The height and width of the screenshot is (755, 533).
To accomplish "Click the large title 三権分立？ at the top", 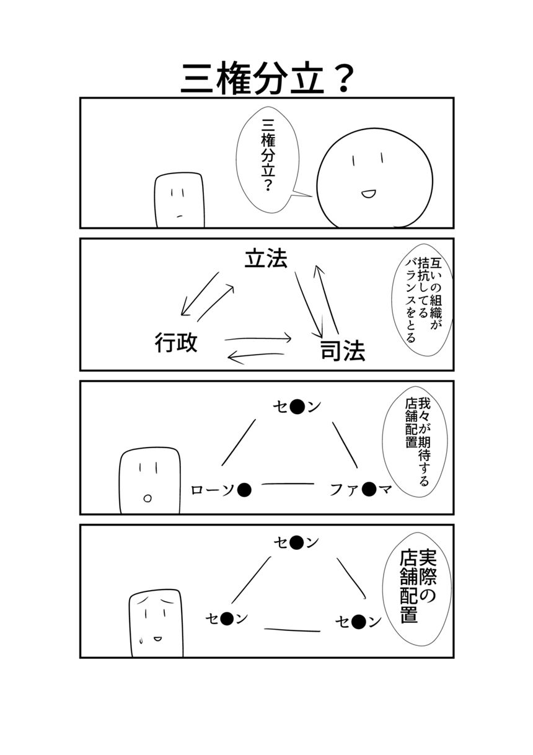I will [267, 78].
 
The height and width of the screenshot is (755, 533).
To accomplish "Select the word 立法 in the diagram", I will [266, 259].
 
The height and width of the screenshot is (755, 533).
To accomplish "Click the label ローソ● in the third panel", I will [221, 490].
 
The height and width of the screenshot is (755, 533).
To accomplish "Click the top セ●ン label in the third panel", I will [297, 407].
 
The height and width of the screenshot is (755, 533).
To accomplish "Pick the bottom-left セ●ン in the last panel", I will [226, 618].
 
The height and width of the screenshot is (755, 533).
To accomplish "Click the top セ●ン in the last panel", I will [297, 543].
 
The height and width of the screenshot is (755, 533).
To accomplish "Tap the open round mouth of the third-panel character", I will [148, 497].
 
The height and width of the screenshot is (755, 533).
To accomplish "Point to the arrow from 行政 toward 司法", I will [258, 338].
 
